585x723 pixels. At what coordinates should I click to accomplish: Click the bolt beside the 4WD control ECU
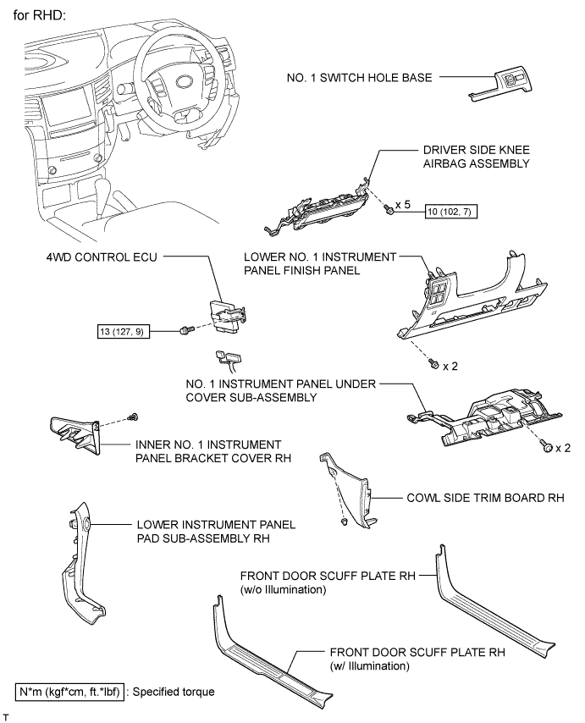pyautogui.click(x=185, y=330)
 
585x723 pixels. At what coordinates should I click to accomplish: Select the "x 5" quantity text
pyautogui.click(x=402, y=204)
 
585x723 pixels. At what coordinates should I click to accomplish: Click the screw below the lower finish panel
pyautogui.click(x=433, y=364)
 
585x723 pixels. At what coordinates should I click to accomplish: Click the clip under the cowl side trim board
pyautogui.click(x=343, y=522)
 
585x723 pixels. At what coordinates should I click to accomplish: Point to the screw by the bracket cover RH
pyautogui.click(x=134, y=417)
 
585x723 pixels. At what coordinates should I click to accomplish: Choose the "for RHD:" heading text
pyautogui.click(x=40, y=15)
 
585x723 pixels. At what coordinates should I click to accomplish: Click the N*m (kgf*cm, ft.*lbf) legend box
pyautogui.click(x=70, y=693)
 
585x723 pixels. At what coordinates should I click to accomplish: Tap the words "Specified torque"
pyautogui.click(x=174, y=693)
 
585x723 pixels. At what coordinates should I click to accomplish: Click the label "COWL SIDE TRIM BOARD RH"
pyautogui.click(x=485, y=498)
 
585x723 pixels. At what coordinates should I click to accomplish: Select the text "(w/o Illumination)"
pyautogui.click(x=283, y=589)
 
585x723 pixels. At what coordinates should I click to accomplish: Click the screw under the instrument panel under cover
pyautogui.click(x=547, y=446)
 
